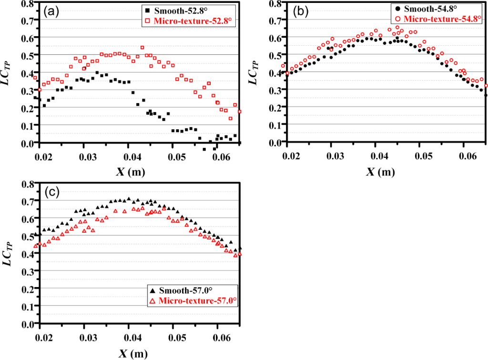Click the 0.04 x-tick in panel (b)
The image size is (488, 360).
(379, 156)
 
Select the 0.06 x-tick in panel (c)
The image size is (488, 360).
(217, 337)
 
